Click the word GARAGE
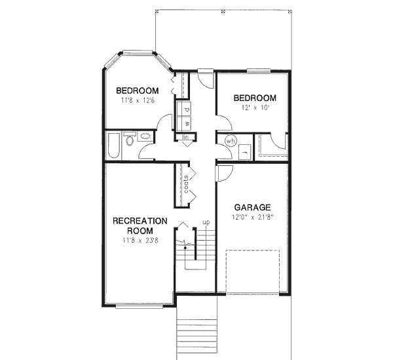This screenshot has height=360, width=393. [252, 207]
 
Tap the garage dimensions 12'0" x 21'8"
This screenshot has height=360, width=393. [252, 216]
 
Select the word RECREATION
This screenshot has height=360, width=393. [140, 221]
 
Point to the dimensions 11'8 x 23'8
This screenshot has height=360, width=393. [140, 240]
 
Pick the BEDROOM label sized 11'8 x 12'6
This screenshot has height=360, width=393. [138, 90]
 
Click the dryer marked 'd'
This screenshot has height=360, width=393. [187, 109]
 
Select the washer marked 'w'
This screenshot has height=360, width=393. [187, 122]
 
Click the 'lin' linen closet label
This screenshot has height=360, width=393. [186, 137]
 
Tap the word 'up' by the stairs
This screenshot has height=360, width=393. [206, 222]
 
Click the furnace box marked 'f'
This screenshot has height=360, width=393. [245, 150]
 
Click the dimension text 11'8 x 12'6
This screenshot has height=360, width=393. [138, 100]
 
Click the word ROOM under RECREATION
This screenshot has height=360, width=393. [140, 231]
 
